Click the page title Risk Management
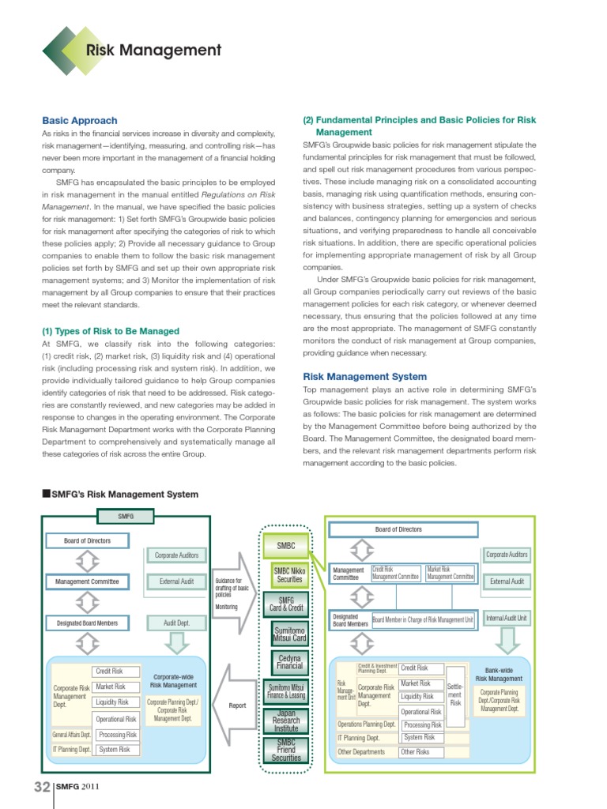[153, 51]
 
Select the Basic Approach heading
[79, 121]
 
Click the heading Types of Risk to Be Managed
[110, 331]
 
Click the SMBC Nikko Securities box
[287, 575]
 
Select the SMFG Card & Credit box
[286, 605]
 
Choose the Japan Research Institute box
[286, 721]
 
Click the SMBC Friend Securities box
[286, 750]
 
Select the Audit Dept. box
[175, 623]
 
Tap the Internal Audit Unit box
[507, 617]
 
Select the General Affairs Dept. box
[72, 735]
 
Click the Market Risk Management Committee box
[450, 573]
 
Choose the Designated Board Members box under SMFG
[87, 623]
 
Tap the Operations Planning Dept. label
[367, 724]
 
